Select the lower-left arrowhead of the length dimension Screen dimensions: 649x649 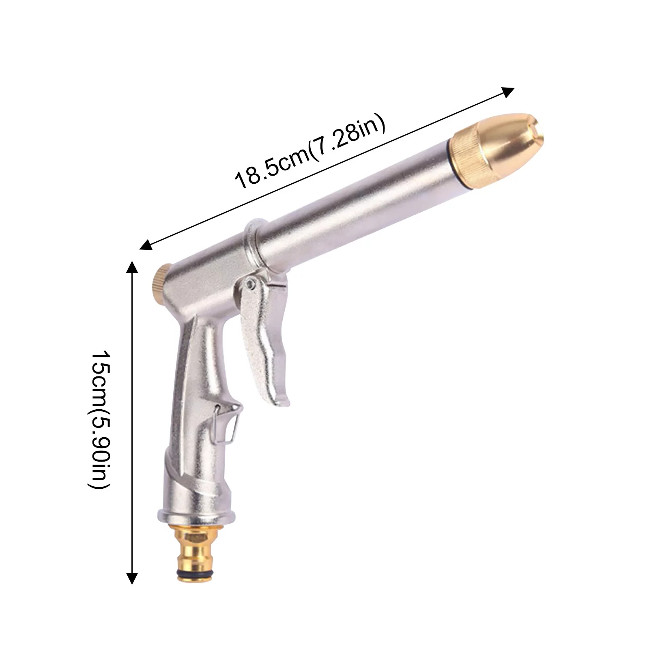coord(145,245)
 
